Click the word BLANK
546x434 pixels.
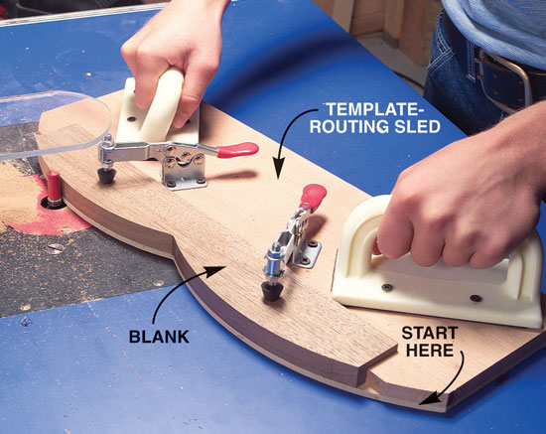(159, 337)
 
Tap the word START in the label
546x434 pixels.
(430, 333)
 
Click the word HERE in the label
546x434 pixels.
(430, 350)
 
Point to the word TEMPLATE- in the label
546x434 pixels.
(375, 109)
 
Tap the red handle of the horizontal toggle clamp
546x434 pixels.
(238, 149)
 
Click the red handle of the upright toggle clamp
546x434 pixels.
(313, 197)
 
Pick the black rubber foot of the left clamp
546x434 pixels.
(106, 175)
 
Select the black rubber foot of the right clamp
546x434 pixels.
(273, 291)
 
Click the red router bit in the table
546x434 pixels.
(54, 189)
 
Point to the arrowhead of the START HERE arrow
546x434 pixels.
(428, 398)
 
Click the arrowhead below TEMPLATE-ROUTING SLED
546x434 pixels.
(279, 169)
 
